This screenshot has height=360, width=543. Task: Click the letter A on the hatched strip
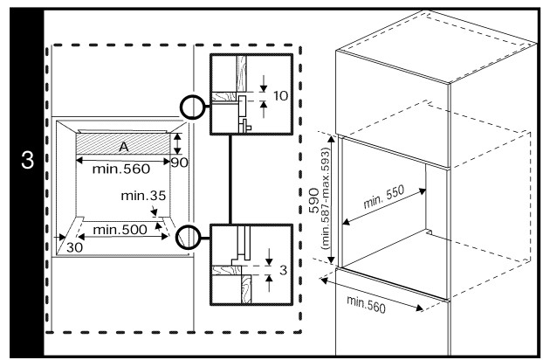pos(124,145)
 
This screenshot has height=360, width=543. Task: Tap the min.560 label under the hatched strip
pos(121,166)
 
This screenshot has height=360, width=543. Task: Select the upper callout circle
pos(193,109)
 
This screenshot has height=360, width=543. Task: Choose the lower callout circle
pos(189,236)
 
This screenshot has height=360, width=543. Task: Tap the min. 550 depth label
pos(382,205)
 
